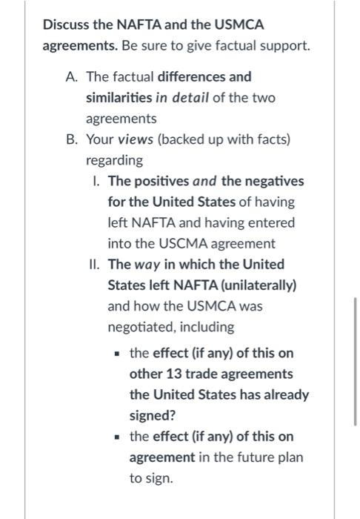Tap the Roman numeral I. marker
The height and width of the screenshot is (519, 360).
pos(98,181)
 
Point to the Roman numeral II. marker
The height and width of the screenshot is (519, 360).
pos(96,264)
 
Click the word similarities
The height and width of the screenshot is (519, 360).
pos(119,98)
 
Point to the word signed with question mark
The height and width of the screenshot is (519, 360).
pos(152,415)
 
